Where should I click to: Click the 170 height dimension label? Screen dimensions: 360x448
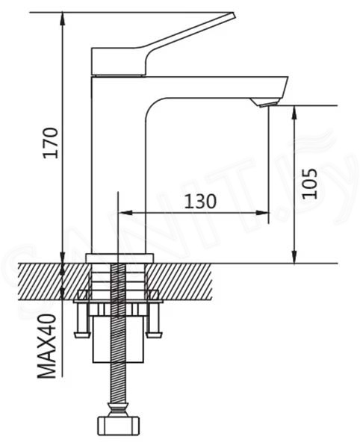tap(51, 143)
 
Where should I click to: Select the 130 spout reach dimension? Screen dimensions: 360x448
tap(200, 201)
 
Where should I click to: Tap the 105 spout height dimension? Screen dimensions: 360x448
tap(310, 184)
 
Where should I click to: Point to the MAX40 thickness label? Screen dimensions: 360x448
tap(46, 346)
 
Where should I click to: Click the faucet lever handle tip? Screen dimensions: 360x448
tap(232, 15)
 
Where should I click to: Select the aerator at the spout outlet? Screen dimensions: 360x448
tap(264, 102)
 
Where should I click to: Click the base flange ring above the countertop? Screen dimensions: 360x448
tap(120, 258)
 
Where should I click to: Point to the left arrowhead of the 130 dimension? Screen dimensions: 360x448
tap(125, 213)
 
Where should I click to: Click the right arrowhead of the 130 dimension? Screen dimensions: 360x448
tap(262, 213)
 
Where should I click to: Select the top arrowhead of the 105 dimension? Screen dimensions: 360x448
tap(294, 112)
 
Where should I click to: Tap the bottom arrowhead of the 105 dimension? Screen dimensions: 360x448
tap(294, 256)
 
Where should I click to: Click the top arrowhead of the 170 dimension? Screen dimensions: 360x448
tap(63, 19)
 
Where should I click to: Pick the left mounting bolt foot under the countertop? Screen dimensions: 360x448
tap(82, 335)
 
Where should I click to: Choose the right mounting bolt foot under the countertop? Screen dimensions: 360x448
tap(155, 335)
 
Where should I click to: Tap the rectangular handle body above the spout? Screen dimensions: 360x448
tap(119, 62)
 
